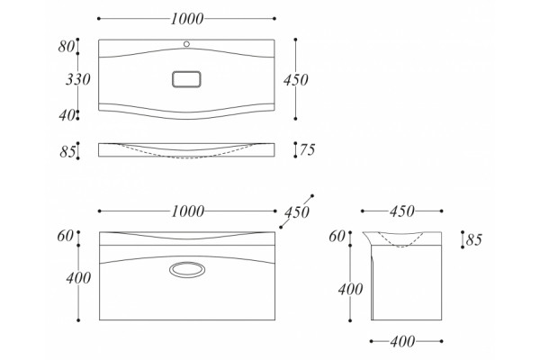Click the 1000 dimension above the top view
pyautogui.click(x=187, y=19)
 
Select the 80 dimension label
pyautogui.click(x=66, y=47)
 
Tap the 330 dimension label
pyautogui.click(x=78, y=79)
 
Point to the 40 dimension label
pyautogui.click(x=67, y=115)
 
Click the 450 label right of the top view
pyautogui.click(x=296, y=80)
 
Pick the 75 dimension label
pyautogui.click(x=307, y=150)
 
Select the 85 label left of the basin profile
pyautogui.click(x=67, y=151)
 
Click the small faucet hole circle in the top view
pyautogui.click(x=186, y=44)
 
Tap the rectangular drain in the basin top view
pyautogui.click(x=186, y=79)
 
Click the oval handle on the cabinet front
pyautogui.click(x=187, y=269)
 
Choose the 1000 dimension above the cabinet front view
pyautogui.click(x=188, y=211)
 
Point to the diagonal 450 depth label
pyautogui.click(x=296, y=212)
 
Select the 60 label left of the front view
pyautogui.click(x=66, y=237)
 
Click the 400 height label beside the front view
pyautogui.click(x=78, y=278)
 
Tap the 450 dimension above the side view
pyautogui.click(x=402, y=211)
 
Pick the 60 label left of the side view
pyautogui.click(x=337, y=237)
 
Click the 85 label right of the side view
pyautogui.click(x=474, y=239)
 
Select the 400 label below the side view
pyautogui.click(x=402, y=342)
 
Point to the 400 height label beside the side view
pyautogui.click(x=350, y=290)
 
